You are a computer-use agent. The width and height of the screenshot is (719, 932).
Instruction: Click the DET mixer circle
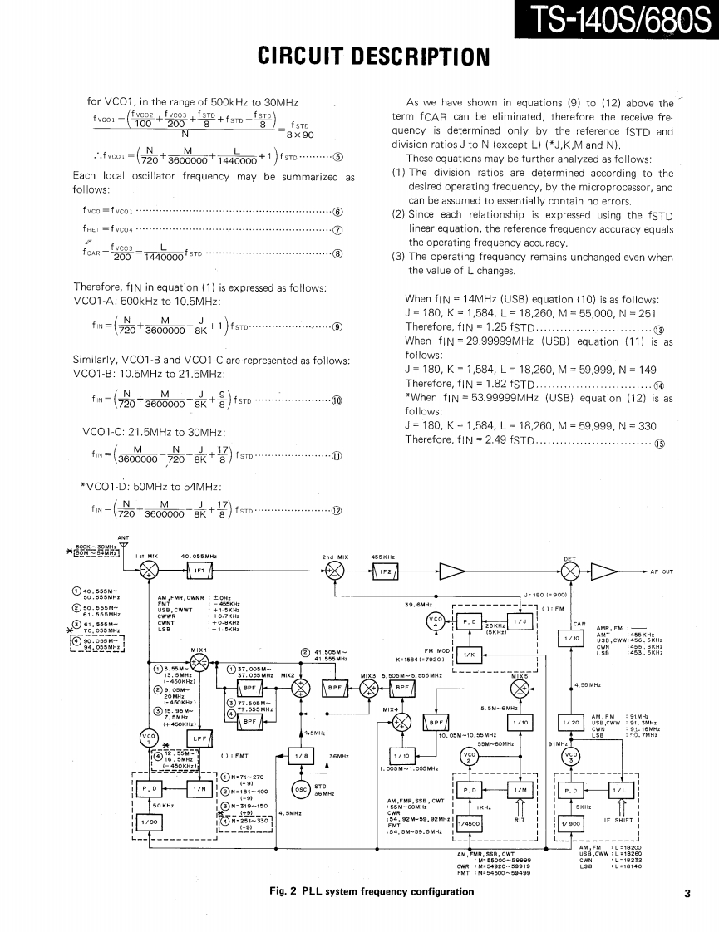point(570,570)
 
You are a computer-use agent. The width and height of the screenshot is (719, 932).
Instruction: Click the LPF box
point(199,738)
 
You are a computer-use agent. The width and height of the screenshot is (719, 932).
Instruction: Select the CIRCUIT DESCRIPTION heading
point(359,58)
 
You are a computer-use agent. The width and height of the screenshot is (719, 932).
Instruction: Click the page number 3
point(687,894)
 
